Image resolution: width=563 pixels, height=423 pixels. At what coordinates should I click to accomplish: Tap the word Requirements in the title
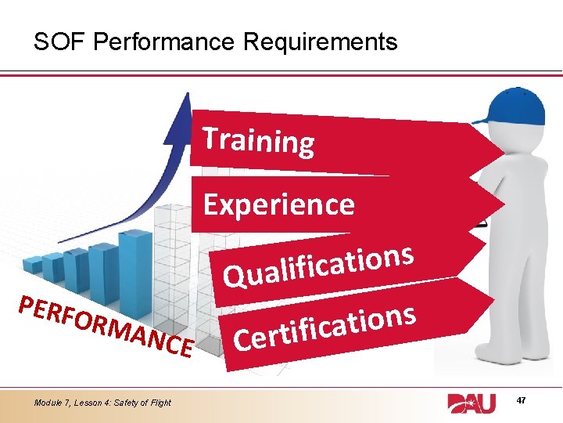(320, 42)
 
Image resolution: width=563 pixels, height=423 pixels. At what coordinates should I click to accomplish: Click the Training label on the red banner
(259, 140)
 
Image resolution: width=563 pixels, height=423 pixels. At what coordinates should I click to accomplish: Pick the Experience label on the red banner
(279, 204)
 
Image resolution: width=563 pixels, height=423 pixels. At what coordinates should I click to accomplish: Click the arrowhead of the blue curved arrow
(184, 106)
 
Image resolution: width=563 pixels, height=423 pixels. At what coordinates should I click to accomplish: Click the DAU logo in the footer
(476, 403)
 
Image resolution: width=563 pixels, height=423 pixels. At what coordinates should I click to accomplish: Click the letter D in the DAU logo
(460, 403)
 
